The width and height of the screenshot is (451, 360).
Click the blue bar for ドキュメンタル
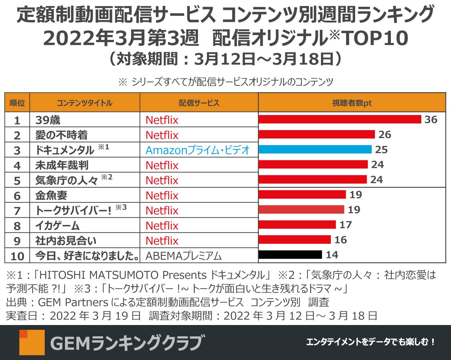[x=315, y=149]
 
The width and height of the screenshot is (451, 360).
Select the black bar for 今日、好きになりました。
[x=290, y=255]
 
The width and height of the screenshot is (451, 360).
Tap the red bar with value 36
[x=340, y=119]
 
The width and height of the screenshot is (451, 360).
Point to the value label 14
[x=332, y=255]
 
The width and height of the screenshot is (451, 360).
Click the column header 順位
[x=17, y=103]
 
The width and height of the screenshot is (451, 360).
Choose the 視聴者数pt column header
[x=352, y=103]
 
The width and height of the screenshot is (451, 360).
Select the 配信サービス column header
[x=199, y=103]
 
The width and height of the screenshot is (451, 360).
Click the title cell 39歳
[x=48, y=120]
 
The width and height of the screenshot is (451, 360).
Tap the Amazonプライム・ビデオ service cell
[x=198, y=150]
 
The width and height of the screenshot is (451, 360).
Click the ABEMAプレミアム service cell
[x=183, y=256]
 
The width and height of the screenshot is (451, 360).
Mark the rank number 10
[x=17, y=256]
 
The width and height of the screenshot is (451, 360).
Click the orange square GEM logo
[x=32, y=342]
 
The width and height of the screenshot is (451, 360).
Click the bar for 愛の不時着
[x=317, y=134]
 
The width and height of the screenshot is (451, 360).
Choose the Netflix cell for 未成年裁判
[x=162, y=165]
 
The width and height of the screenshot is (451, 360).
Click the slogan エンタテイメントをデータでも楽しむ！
[x=371, y=342]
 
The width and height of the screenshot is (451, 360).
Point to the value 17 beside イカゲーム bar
[x=345, y=225]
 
